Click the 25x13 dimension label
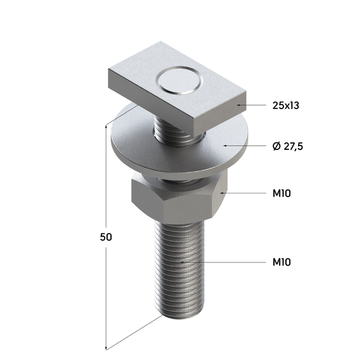(x=285, y=105)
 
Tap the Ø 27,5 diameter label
(x=288, y=146)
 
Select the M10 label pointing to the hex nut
(x=281, y=193)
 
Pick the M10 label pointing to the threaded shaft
(x=281, y=262)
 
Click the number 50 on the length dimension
(x=106, y=237)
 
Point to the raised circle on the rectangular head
(x=179, y=81)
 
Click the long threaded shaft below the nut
(x=179, y=269)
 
